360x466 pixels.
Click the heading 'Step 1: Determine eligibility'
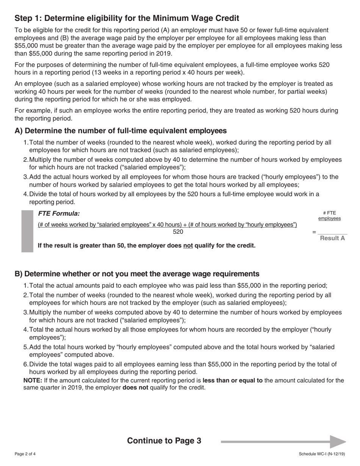coord(127,18)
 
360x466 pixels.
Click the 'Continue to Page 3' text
coord(164,441)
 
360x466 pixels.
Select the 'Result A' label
coord(332,238)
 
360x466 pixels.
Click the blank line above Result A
coord(332,232)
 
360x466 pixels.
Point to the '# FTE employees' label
coord(329,216)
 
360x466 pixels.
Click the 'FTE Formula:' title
coord(59,214)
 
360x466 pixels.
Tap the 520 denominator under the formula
coord(178,232)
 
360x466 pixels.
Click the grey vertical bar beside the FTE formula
coord(27,231)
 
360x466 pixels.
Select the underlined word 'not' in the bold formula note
coord(188,246)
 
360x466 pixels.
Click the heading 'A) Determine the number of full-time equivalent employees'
coord(121,131)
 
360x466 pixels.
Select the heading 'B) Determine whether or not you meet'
coord(137,274)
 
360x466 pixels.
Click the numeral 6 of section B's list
coord(25,364)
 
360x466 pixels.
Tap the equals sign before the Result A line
coord(314,232)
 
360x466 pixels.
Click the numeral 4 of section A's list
coord(25,194)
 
